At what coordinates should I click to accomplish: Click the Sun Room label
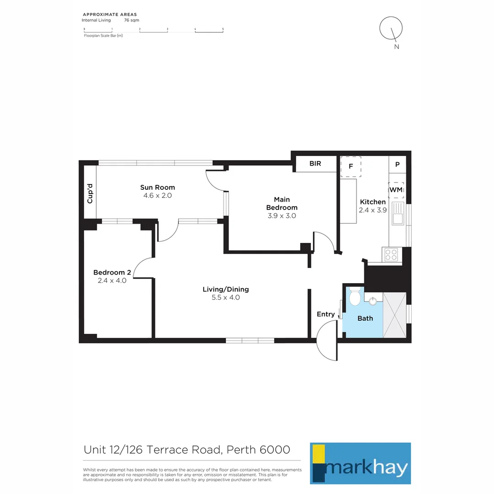pyautogui.click(x=157, y=187)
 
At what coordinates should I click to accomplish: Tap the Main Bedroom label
pyautogui.click(x=282, y=204)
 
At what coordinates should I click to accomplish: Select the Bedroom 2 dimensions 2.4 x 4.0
pyautogui.click(x=112, y=280)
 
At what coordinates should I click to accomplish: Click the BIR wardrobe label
pyautogui.click(x=315, y=164)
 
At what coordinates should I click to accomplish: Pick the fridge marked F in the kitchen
pyautogui.click(x=351, y=166)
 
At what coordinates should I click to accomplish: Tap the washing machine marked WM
pyautogui.click(x=396, y=189)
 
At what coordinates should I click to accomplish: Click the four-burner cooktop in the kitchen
pyautogui.click(x=391, y=254)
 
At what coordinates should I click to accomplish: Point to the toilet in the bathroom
pyautogui.click(x=354, y=298)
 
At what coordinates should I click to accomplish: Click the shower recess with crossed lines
pyautogui.click(x=394, y=315)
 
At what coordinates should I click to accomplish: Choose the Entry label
pyautogui.click(x=326, y=314)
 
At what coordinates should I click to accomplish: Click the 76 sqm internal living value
pyautogui.click(x=132, y=21)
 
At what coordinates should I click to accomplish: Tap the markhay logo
pyautogui.click(x=360, y=463)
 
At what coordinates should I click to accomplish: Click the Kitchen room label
pyautogui.click(x=373, y=202)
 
